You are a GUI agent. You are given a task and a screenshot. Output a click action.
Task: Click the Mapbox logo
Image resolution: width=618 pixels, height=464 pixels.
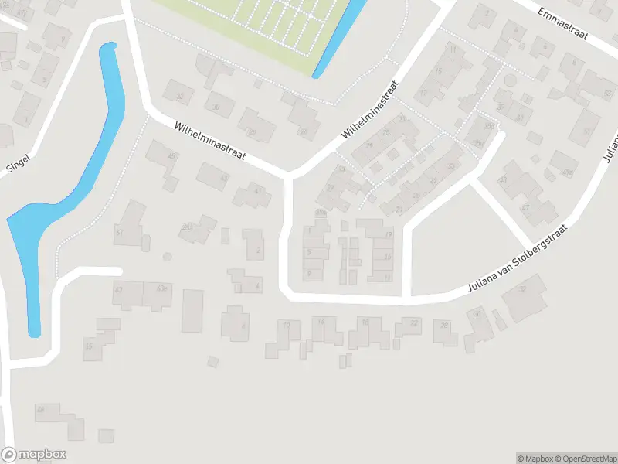click(34, 455)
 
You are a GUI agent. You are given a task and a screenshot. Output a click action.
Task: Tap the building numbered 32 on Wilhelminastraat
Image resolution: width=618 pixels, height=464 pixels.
click(182, 97)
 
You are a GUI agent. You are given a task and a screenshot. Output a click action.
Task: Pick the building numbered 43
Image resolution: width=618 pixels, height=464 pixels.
click(224, 179)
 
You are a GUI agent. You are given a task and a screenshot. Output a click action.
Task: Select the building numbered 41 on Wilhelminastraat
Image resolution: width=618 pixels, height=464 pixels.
click(258, 191)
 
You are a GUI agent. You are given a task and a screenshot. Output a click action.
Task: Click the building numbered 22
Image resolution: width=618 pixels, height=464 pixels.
click(414, 323)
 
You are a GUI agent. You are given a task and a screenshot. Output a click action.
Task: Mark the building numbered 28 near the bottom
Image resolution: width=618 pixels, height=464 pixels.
click(444, 326)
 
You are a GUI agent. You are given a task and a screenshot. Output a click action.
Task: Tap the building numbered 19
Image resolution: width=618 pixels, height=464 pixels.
click(388, 234)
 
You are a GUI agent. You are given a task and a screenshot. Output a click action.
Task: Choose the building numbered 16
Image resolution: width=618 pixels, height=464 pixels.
click(365, 322)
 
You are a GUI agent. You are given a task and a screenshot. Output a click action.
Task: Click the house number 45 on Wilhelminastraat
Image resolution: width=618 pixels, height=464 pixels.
click(171, 157)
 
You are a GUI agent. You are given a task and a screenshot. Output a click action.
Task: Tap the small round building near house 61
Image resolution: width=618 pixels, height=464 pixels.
click(166, 257)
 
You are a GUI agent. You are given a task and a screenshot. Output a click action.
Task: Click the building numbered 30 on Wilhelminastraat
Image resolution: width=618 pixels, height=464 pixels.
click(216, 107)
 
